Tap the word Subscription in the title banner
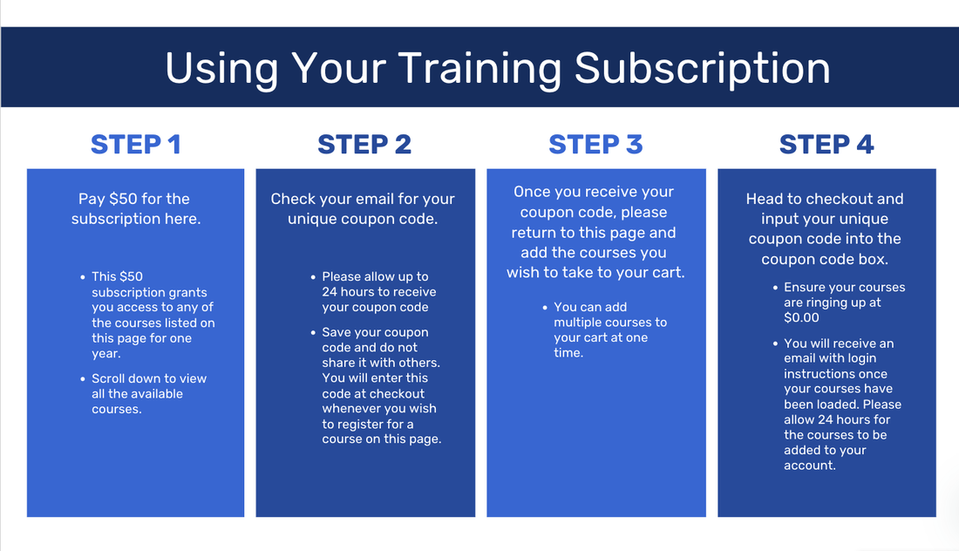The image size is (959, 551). click(x=702, y=69)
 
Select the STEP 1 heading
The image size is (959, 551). click(x=136, y=145)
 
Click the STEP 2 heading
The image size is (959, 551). click(x=364, y=145)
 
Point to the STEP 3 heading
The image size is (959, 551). click(x=595, y=145)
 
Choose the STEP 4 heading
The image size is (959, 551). click(x=826, y=145)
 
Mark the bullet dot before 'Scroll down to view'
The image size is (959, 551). click(x=83, y=379)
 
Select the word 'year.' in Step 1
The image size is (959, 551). click(x=106, y=353)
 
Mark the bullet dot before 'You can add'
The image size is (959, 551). click(x=545, y=308)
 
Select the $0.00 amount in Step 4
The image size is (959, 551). click(x=801, y=318)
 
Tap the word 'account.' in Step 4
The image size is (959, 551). click(x=810, y=466)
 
